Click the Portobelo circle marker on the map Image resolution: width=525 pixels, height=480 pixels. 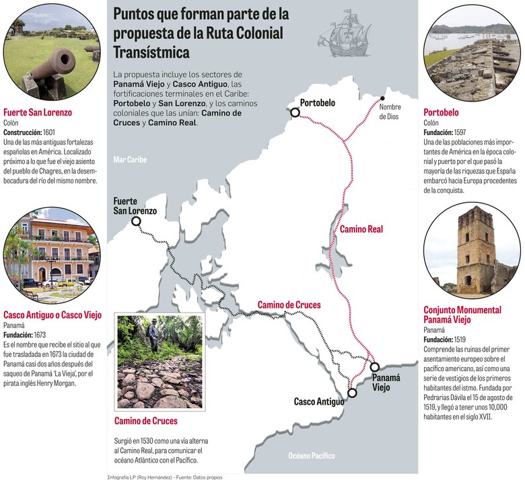point(295,113)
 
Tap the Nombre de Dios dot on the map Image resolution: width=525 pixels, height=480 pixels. point(383,98)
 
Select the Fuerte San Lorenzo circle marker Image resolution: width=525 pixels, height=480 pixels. point(136,221)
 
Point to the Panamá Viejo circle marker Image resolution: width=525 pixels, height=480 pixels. point(375,367)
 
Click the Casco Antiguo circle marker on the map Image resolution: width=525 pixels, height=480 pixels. point(352,393)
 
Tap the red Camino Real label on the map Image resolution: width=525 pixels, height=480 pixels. point(361,229)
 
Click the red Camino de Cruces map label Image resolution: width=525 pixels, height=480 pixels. point(289,305)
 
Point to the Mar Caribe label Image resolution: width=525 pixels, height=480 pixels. point(130,160)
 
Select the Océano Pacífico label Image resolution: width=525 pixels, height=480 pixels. point(311,456)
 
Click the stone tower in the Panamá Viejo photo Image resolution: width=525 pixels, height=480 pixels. point(475,249)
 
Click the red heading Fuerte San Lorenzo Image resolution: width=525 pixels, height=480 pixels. point(38,113)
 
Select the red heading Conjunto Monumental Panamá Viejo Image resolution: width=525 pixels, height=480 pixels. point(462,315)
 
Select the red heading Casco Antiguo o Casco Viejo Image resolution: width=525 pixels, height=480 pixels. point(52,314)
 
